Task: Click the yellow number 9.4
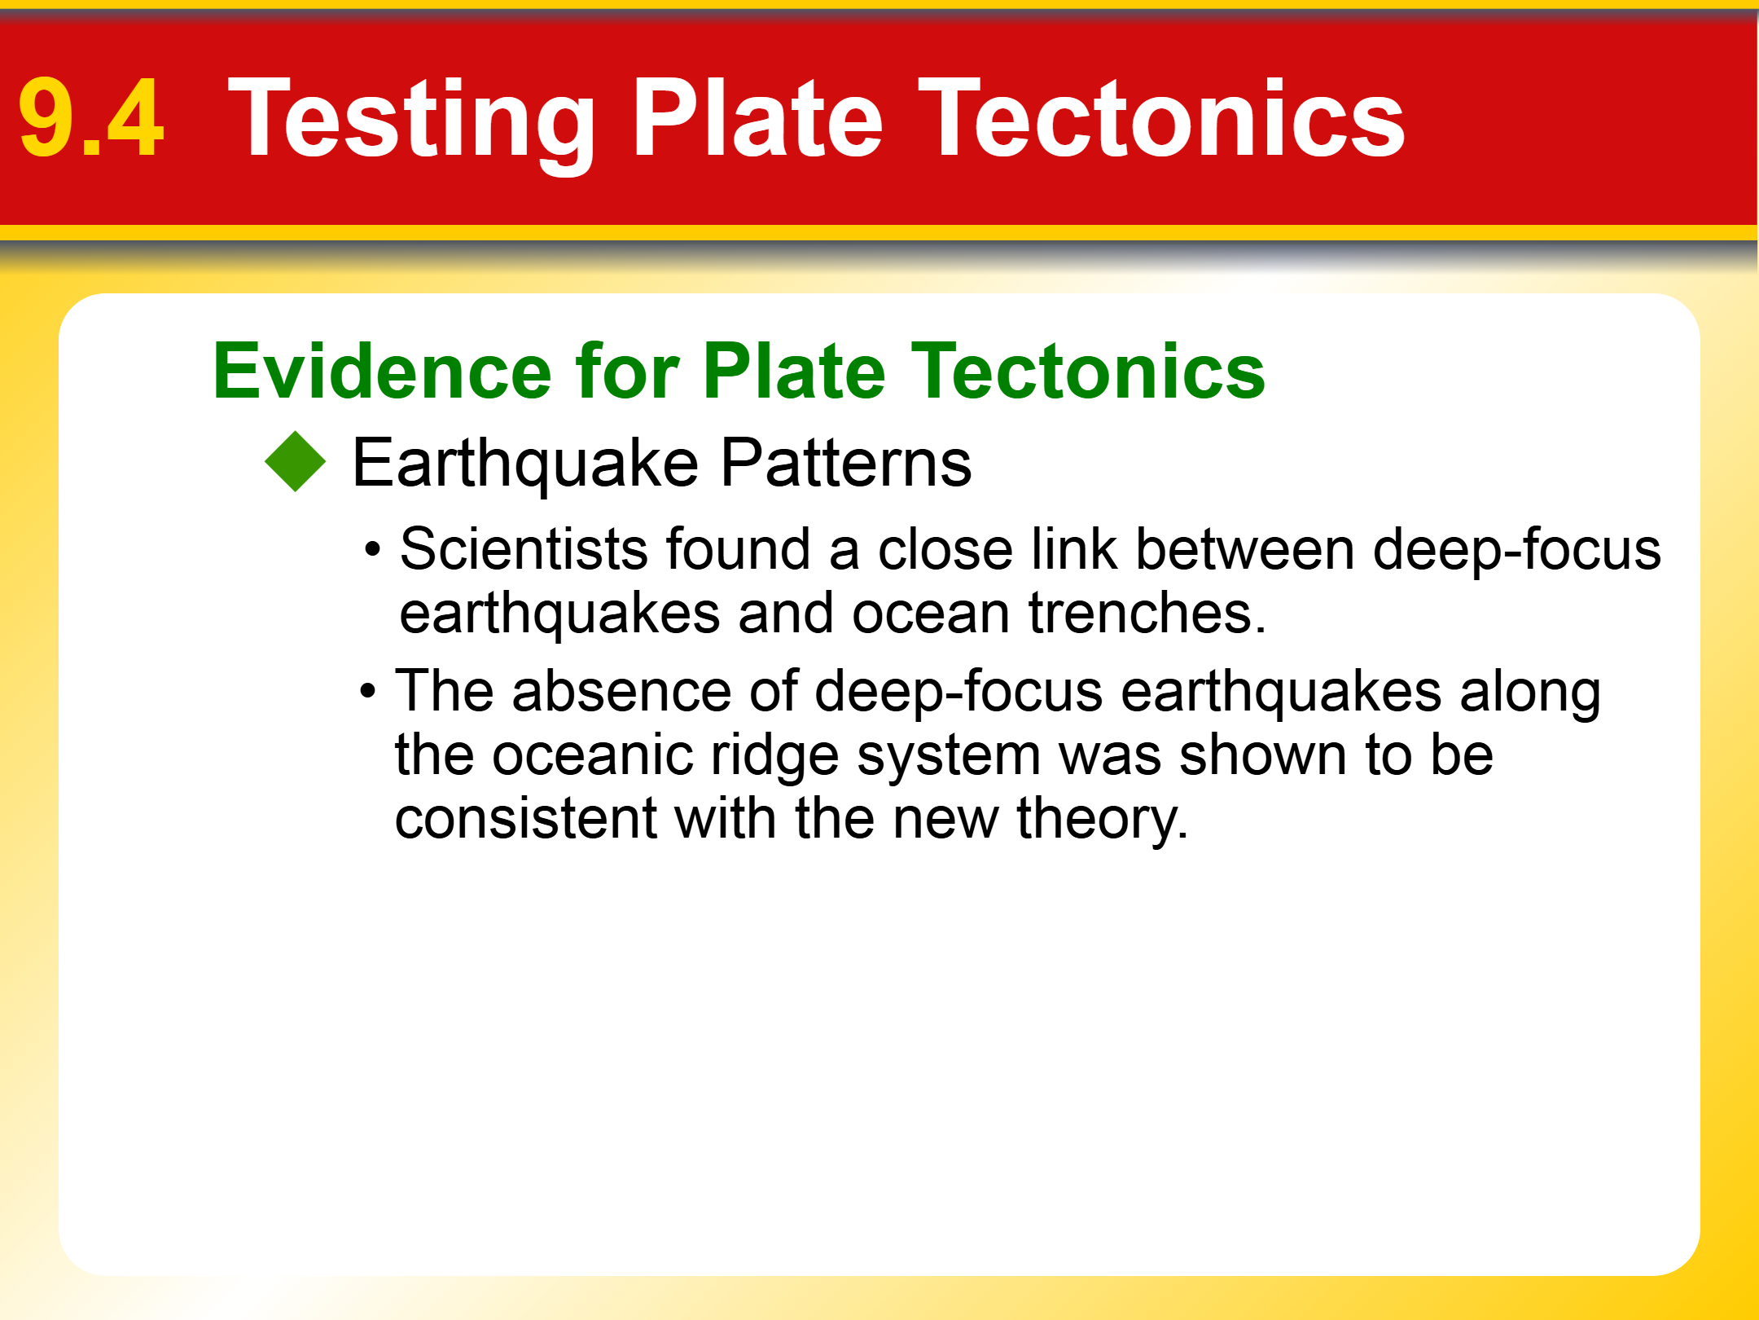point(91,119)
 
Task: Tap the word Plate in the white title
point(757,119)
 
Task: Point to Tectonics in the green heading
point(1088,372)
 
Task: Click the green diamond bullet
point(295,461)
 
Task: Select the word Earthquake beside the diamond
point(525,464)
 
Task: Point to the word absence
point(622,691)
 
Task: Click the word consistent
point(526,818)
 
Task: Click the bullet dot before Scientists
point(373,549)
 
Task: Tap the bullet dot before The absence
point(368,692)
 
